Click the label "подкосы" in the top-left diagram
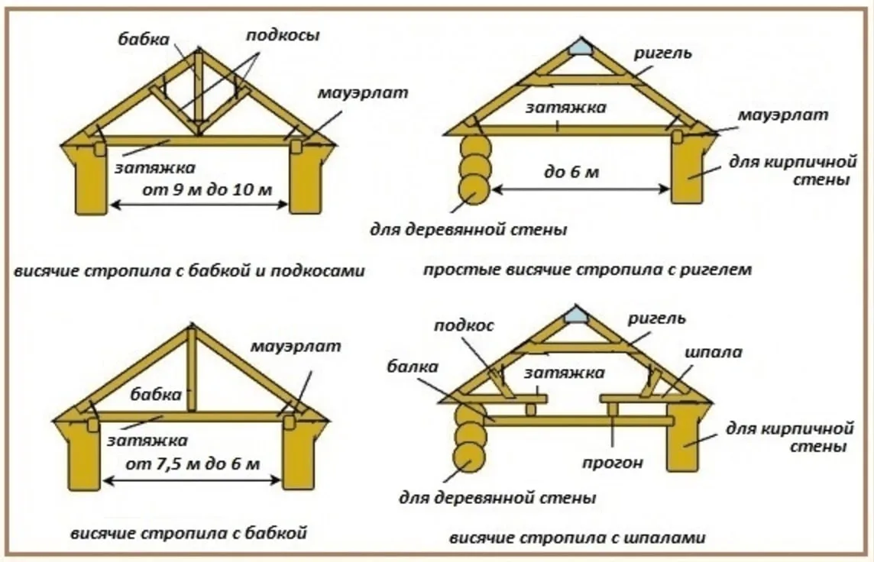pyautogui.click(x=283, y=37)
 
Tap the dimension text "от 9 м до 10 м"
pyautogui.click(x=207, y=190)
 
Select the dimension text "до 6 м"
pyautogui.click(x=571, y=173)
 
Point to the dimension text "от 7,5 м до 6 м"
pyautogui.click(x=193, y=463)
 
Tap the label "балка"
pyautogui.click(x=413, y=367)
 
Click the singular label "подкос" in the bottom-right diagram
pyautogui.click(x=464, y=326)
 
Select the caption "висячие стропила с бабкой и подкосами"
pyautogui.click(x=189, y=272)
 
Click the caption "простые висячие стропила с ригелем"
pyautogui.click(x=588, y=271)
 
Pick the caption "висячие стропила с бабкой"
pyautogui.click(x=189, y=534)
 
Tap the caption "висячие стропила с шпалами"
pyautogui.click(x=578, y=538)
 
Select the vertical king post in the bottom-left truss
pyautogui.click(x=191, y=370)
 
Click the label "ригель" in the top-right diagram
pyautogui.click(x=662, y=53)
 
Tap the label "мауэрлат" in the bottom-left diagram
pyautogui.click(x=295, y=347)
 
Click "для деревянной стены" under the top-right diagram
pyautogui.click(x=468, y=230)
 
